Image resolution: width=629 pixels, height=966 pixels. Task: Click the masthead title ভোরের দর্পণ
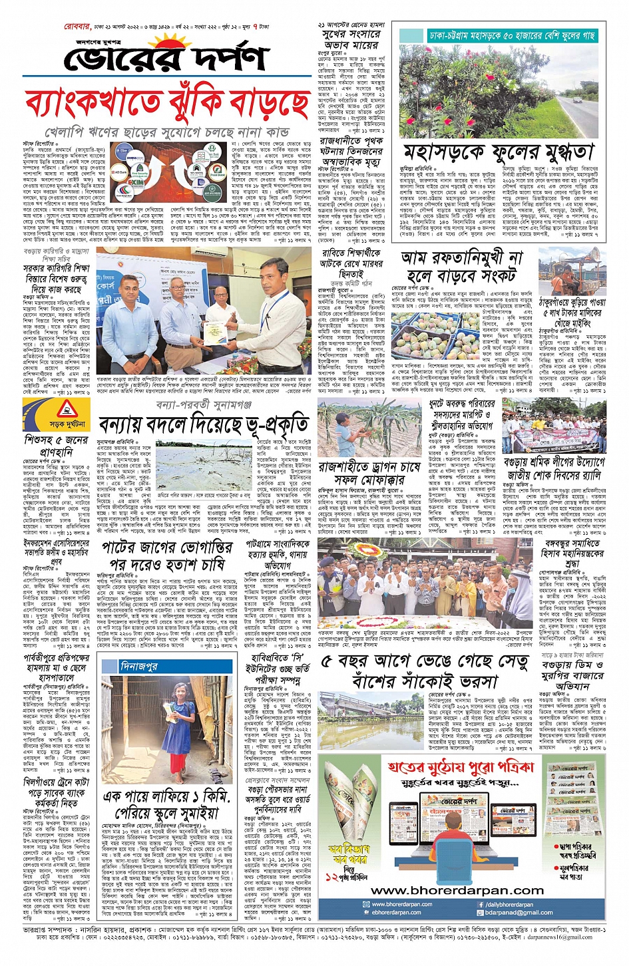tap(166, 59)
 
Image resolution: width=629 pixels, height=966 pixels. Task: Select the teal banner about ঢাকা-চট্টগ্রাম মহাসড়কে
tap(511, 35)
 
